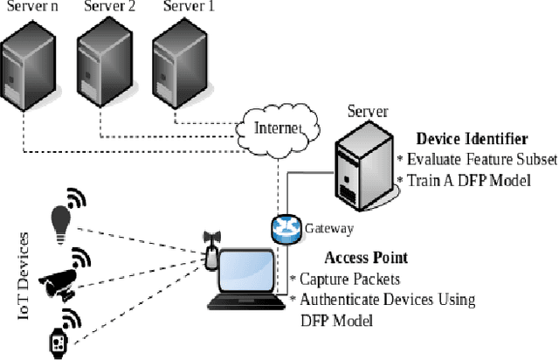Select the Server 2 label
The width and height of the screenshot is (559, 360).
pyautogui.click(x=110, y=8)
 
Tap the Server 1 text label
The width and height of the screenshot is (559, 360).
pyautogui.click(x=189, y=8)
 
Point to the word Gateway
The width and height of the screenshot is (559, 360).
pyautogui.click(x=328, y=229)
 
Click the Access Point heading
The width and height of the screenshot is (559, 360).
pyautogui.click(x=366, y=258)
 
